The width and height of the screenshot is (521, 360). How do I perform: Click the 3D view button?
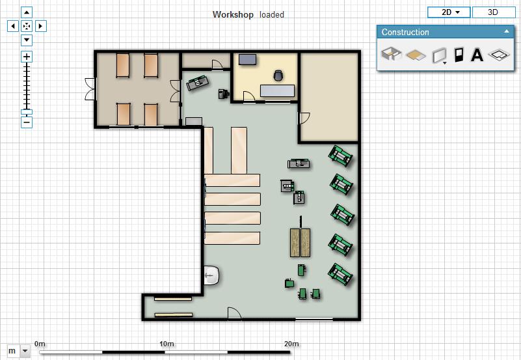click(493, 12)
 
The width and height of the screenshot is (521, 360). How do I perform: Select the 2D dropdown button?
click(449, 12)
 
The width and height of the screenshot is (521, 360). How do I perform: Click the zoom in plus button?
click(27, 57)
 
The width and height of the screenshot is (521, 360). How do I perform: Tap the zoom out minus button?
click(27, 122)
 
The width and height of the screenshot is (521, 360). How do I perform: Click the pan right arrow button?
click(40, 26)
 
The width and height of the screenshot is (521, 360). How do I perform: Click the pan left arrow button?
click(13, 26)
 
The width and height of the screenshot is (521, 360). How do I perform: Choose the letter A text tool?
click(477, 55)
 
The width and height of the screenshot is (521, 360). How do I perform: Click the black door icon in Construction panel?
click(459, 55)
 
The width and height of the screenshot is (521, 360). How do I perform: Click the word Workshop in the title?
click(233, 14)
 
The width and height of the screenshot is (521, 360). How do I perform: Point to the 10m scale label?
click(167, 344)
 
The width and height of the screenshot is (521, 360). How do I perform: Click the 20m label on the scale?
click(291, 344)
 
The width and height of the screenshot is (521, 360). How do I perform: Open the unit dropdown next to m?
click(25, 351)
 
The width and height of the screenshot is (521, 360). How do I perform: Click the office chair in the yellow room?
click(278, 76)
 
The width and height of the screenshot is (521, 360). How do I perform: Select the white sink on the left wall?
click(211, 275)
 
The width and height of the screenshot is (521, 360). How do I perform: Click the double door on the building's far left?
click(90, 89)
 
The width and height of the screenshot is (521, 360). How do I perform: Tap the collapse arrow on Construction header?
click(507, 31)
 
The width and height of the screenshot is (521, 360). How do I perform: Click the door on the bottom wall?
click(234, 314)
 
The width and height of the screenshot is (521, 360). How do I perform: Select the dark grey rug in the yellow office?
click(248, 59)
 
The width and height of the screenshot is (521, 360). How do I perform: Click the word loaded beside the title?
click(272, 14)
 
